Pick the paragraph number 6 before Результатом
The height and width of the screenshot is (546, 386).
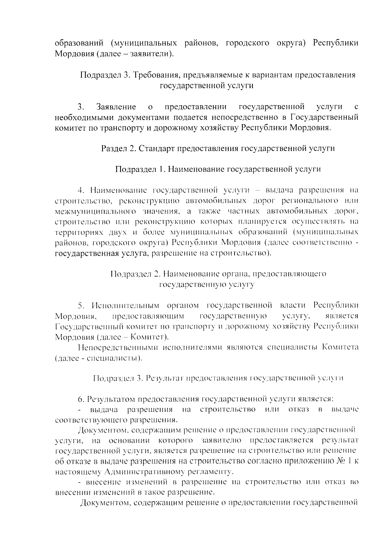(80, 399)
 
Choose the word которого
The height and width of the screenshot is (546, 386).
(176, 440)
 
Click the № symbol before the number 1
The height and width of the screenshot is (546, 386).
(341, 461)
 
